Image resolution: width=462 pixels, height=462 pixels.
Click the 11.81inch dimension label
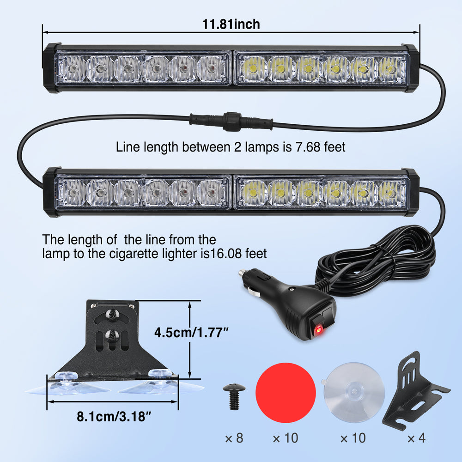pos(231,24)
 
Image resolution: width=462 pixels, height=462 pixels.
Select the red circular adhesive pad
pos(286,392)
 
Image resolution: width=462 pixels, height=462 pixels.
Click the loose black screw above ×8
pos(234,396)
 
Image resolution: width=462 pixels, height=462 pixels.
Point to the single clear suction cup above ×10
pos(353,392)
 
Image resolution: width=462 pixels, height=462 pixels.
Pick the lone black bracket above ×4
pos(415,391)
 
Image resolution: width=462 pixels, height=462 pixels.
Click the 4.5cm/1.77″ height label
pos(192,333)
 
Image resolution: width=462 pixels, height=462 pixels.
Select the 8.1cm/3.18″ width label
pos(114,417)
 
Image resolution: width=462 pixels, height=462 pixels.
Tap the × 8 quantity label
pos(234,438)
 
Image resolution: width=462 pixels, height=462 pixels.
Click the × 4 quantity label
pos(416,438)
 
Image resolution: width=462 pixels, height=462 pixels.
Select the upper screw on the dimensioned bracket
pos(112,315)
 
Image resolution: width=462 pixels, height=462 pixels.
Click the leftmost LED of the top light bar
pos(72,69)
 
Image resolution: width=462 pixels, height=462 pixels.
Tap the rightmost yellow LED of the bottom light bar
pos(391,194)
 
